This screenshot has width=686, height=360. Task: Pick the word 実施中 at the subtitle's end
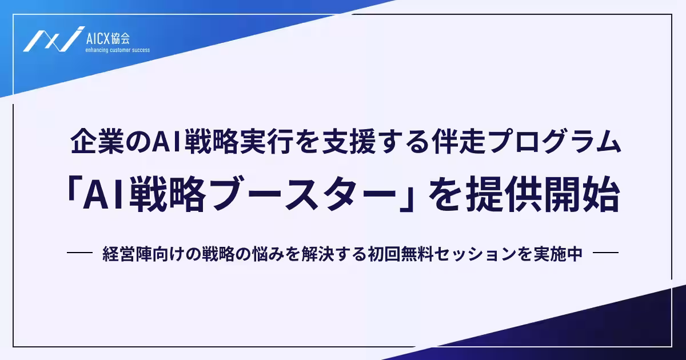(562, 254)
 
